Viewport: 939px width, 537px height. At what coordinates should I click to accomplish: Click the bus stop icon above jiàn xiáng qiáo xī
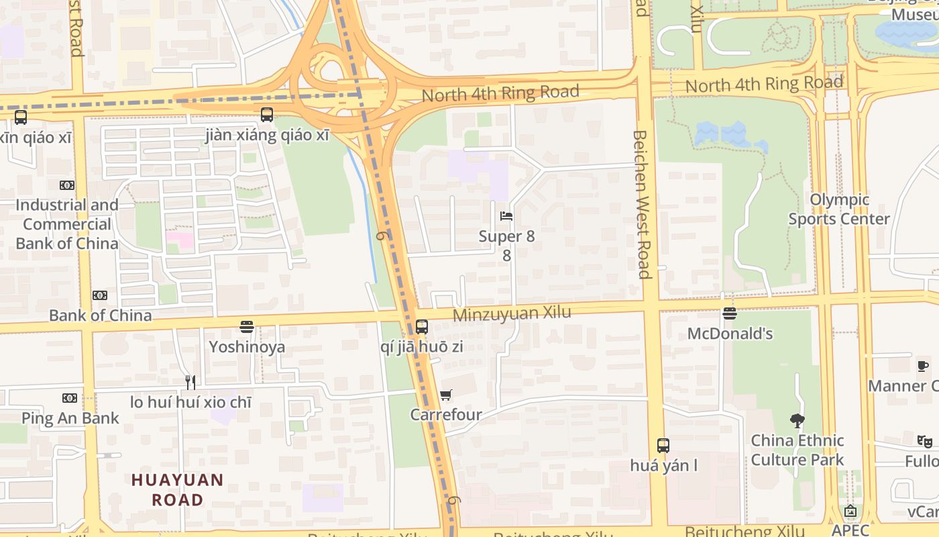click(x=267, y=115)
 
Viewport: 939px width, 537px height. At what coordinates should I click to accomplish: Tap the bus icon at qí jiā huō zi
click(x=421, y=327)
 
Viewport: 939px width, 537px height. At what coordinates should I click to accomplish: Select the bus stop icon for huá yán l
click(x=663, y=445)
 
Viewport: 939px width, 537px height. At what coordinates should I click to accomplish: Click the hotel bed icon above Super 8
click(x=506, y=216)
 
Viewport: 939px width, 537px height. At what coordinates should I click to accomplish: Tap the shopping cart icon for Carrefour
click(x=446, y=395)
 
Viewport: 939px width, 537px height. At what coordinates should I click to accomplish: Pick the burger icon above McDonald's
click(x=730, y=313)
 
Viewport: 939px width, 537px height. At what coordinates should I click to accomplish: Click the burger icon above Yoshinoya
click(x=247, y=327)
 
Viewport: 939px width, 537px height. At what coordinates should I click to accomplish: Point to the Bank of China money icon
click(x=100, y=295)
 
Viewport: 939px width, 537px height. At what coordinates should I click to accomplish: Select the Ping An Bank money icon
click(x=70, y=398)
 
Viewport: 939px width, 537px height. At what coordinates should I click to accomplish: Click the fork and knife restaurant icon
click(x=190, y=383)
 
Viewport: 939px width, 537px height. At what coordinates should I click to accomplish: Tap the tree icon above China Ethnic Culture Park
click(x=797, y=421)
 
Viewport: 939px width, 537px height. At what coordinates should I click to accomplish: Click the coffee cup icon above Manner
click(x=923, y=366)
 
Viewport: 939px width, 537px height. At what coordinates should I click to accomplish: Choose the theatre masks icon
click(x=924, y=441)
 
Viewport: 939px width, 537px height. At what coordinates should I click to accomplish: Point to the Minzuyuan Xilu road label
click(x=512, y=313)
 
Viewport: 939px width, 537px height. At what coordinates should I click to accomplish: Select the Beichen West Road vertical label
click(x=643, y=204)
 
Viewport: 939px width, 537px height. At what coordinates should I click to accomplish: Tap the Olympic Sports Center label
click(x=838, y=209)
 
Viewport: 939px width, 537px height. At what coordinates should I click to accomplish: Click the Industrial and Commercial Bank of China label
click(x=67, y=224)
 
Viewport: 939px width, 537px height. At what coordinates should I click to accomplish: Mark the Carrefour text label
click(x=446, y=415)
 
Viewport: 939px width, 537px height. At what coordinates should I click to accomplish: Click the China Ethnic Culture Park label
click(x=797, y=450)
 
